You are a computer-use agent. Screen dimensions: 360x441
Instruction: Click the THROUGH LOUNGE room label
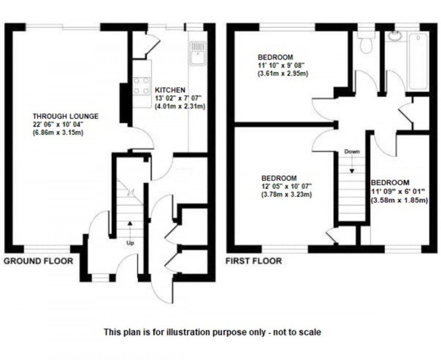click(66, 116)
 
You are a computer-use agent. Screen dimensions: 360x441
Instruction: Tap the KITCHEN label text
click(170, 90)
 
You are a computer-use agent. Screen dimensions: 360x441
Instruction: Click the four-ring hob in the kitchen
click(142, 86)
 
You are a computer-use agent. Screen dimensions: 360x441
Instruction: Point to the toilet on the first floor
click(366, 45)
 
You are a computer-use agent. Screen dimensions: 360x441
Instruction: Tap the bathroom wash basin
click(395, 36)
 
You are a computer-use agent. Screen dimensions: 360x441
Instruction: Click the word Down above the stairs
click(352, 151)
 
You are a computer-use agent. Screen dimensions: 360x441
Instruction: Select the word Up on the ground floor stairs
click(130, 242)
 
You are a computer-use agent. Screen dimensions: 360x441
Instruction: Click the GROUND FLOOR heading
click(38, 261)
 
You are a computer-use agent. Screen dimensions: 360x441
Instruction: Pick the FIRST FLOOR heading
click(253, 261)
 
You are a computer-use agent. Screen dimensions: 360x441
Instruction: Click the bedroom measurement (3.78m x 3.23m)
click(287, 194)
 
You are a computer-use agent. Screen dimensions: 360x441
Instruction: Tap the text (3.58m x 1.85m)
click(399, 200)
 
